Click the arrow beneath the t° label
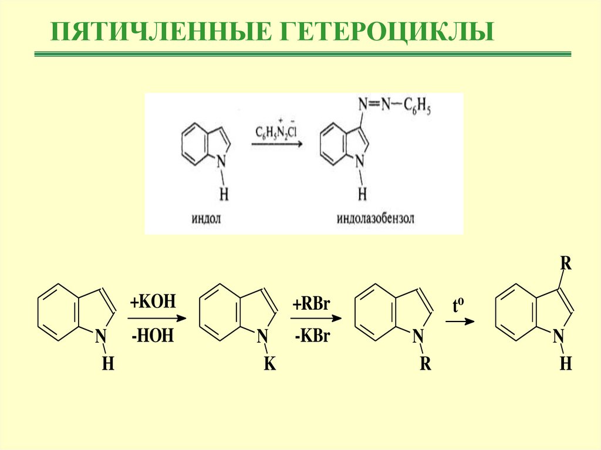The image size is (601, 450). [460, 322]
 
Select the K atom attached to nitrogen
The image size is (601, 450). [269, 364]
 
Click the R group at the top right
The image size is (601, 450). [565, 262]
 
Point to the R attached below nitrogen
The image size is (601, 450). [426, 364]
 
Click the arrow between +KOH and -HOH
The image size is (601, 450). [156, 319]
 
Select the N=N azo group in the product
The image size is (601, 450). [371, 105]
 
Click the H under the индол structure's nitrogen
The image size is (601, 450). [224, 194]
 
